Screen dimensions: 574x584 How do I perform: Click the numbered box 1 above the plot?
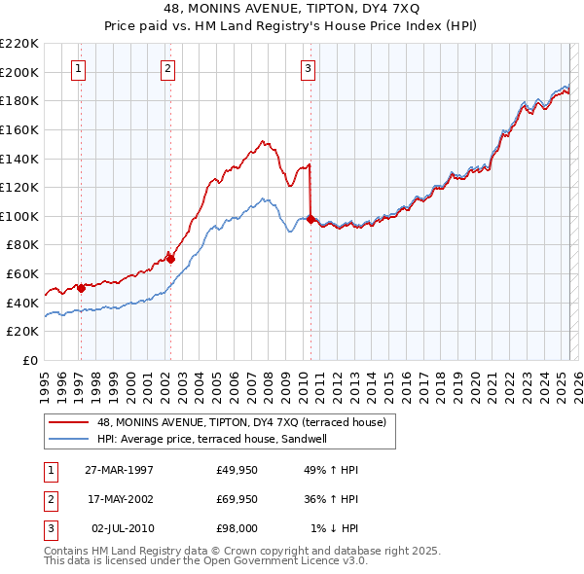(x=78, y=69)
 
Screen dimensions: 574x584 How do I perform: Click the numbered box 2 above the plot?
(x=167, y=69)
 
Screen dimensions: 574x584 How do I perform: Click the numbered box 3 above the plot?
(x=308, y=69)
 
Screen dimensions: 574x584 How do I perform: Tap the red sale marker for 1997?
(x=82, y=287)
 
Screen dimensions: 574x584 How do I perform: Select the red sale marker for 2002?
(x=170, y=259)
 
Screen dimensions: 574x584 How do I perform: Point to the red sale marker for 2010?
(x=310, y=219)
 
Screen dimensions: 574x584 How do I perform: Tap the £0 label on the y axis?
(x=29, y=360)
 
